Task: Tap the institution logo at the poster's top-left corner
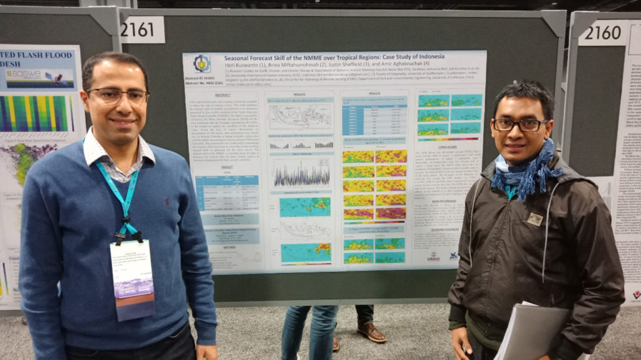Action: coord(202,63)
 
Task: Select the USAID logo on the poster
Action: coord(433,257)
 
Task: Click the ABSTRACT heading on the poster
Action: coord(222,95)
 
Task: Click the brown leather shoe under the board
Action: coord(372,332)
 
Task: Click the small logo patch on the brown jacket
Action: coord(534,219)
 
